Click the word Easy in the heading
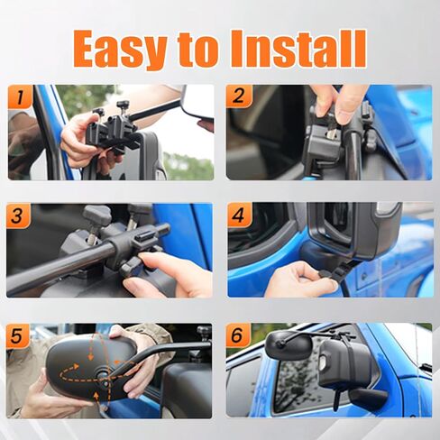point(121,49)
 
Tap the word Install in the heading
point(298,49)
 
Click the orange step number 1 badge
point(20,96)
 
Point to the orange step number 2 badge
point(239,96)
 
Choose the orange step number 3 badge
point(18,215)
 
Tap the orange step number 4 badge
point(239,215)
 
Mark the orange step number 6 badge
point(238,335)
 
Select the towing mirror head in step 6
point(289,345)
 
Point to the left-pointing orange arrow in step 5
point(124,363)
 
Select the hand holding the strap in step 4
point(300,280)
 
